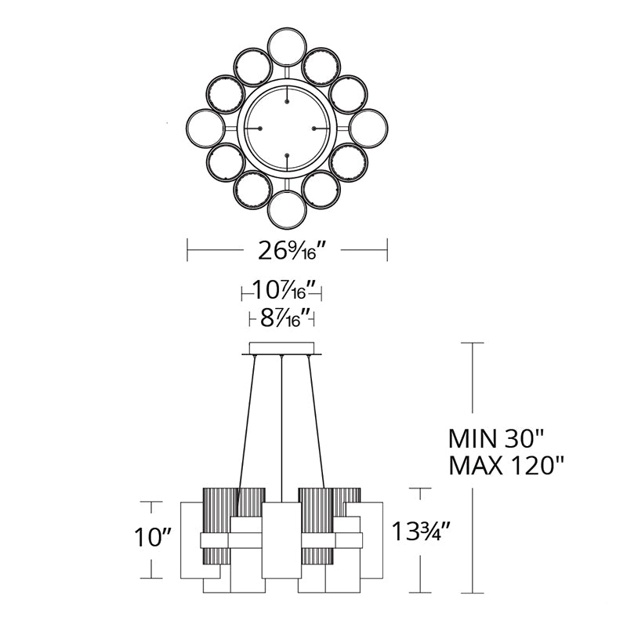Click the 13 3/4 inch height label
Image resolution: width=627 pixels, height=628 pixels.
(421, 532)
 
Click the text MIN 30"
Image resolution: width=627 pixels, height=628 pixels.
(495, 439)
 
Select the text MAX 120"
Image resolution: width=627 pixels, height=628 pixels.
(506, 466)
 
